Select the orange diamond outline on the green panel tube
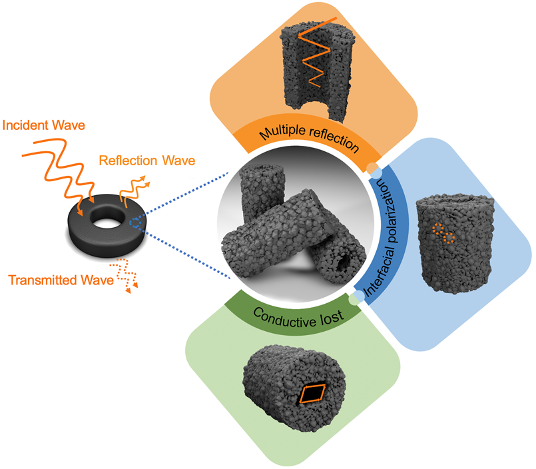[312, 394]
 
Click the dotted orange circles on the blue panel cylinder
[444, 233]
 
